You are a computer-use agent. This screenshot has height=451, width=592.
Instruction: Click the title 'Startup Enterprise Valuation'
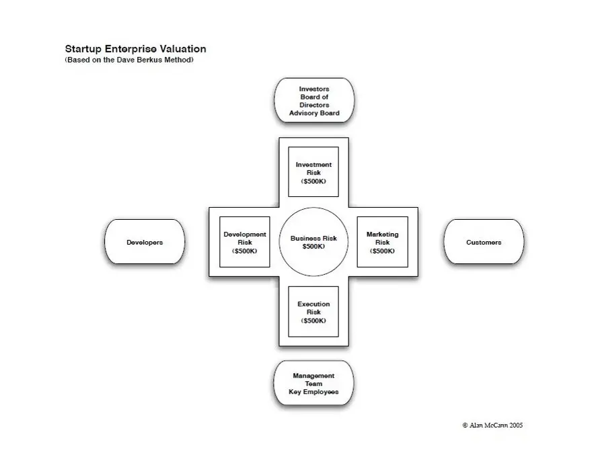[135, 49]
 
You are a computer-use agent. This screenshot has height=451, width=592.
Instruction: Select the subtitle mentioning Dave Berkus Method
[129, 60]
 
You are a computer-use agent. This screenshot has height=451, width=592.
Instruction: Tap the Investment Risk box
[313, 172]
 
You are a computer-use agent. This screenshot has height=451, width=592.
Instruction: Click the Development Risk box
[244, 242]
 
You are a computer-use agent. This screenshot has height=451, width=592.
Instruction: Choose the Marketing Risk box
[382, 242]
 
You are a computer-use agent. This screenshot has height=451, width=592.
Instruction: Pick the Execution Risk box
[313, 312]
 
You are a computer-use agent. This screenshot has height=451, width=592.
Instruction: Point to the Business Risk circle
[313, 242]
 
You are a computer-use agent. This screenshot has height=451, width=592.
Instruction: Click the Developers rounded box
[145, 242]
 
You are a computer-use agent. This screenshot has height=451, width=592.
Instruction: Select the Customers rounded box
[484, 242]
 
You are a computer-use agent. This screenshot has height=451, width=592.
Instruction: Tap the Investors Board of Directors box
[314, 101]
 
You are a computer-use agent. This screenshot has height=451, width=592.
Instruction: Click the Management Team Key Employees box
[313, 384]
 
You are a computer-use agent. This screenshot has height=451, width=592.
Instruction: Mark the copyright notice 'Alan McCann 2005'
[492, 425]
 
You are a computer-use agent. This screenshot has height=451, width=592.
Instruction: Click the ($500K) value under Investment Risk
[313, 181]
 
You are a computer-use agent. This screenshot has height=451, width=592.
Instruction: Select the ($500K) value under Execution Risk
[313, 321]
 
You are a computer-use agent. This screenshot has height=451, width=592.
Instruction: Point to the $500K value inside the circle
[313, 247]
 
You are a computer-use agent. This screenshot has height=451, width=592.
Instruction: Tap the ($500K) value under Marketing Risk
[382, 251]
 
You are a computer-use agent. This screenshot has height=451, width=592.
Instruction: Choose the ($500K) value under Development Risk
[244, 251]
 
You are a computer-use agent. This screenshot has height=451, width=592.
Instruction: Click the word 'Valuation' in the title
[182, 49]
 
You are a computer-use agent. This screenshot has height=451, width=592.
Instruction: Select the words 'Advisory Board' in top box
[314, 113]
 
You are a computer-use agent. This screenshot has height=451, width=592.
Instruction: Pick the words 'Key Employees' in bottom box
[313, 392]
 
